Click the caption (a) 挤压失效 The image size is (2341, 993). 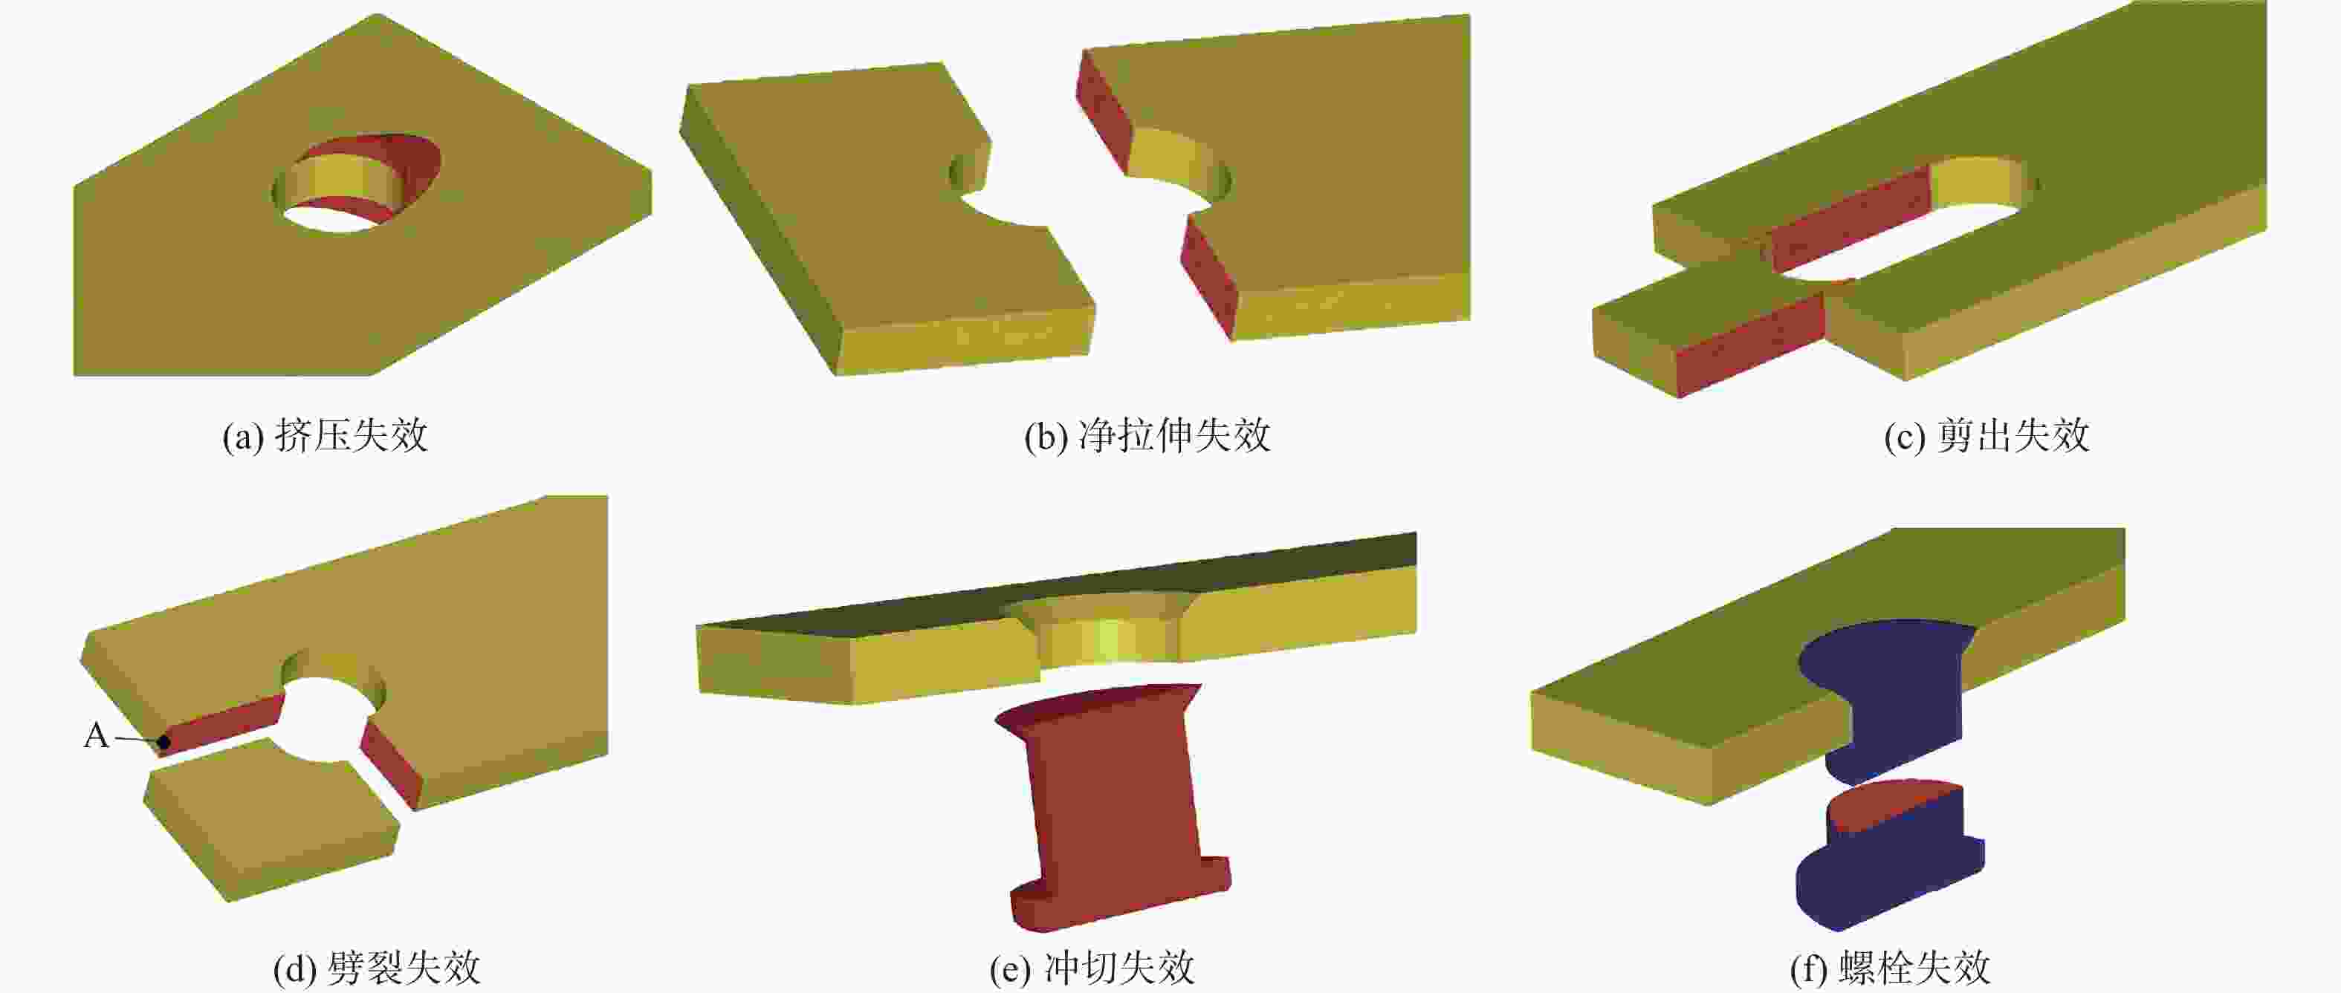tap(326, 435)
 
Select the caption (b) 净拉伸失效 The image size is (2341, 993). tap(1147, 435)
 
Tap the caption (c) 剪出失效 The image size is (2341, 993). tap(1987, 435)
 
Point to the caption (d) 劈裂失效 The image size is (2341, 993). tap(376, 968)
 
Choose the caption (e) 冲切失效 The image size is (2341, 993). tap(1092, 968)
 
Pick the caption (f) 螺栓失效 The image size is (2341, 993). tap(1890, 968)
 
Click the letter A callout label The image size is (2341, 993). tap(97, 735)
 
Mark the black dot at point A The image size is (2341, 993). tap(163, 742)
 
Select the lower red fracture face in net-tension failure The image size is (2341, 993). tap(1208, 276)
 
